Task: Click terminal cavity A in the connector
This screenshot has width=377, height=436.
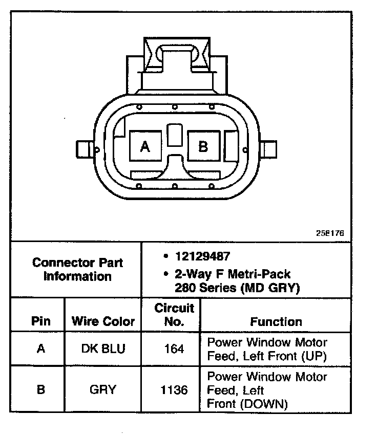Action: [x=145, y=147]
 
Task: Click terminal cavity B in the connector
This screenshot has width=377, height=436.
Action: [x=203, y=147]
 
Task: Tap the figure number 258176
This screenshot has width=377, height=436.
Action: [x=330, y=233]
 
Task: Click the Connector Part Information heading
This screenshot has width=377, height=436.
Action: [x=77, y=270]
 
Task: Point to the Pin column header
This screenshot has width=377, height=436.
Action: [x=40, y=321]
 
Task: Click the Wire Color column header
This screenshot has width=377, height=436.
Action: [x=103, y=321]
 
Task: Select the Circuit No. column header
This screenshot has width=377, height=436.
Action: [x=174, y=315]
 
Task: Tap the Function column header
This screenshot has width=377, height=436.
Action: [x=276, y=321]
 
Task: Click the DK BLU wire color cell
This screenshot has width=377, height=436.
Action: [x=103, y=348]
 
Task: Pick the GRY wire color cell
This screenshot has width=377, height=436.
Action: [x=103, y=389]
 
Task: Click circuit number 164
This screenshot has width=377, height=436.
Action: [x=174, y=348]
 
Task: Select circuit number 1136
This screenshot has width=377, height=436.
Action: [x=174, y=389]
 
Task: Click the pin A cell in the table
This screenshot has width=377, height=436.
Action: [x=40, y=348]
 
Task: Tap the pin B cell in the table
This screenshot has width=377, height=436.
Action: [x=40, y=389]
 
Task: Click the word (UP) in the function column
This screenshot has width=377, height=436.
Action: [x=312, y=355]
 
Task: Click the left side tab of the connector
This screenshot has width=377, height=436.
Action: [x=85, y=150]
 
